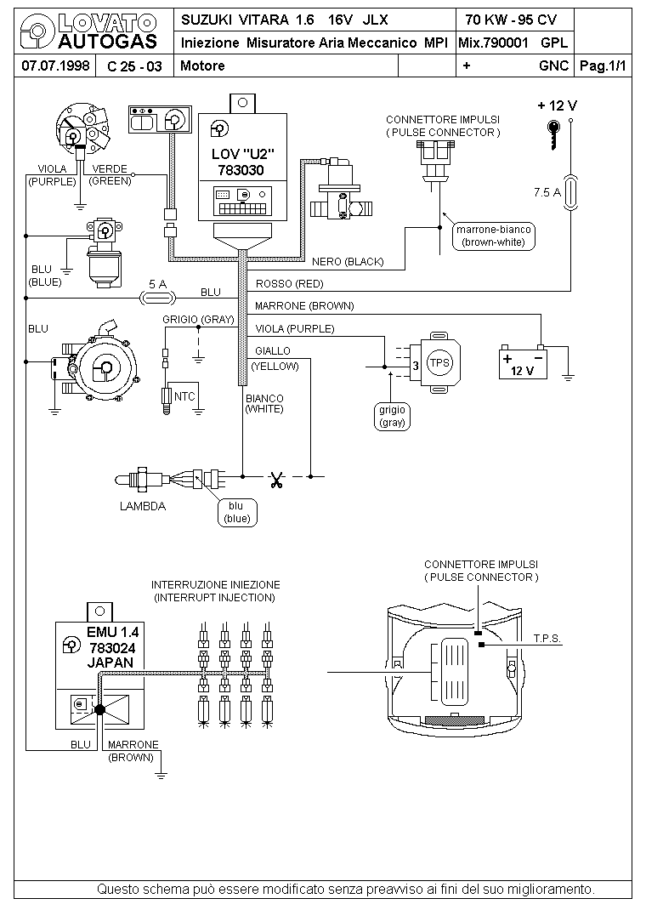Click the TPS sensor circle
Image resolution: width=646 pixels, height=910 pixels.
pyautogui.click(x=439, y=363)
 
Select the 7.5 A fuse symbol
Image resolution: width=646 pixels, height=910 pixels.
pyautogui.click(x=570, y=192)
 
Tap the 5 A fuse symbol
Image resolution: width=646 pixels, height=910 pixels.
pyautogui.click(x=158, y=299)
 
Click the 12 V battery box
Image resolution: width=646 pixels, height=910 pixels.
pyautogui.click(x=523, y=362)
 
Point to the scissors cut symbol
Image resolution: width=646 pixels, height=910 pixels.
pyautogui.click(x=276, y=480)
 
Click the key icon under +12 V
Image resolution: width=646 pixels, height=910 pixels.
pyautogui.click(x=554, y=134)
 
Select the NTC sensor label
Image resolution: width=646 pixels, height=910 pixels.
pyautogui.click(x=184, y=396)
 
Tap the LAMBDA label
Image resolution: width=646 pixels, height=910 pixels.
pyautogui.click(x=143, y=506)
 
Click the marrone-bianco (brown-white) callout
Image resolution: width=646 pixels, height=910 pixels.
pyautogui.click(x=494, y=236)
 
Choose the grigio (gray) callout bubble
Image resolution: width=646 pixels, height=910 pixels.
pyautogui.click(x=392, y=416)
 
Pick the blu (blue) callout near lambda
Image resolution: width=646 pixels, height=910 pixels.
pyautogui.click(x=236, y=513)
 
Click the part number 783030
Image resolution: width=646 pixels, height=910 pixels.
pyautogui.click(x=241, y=171)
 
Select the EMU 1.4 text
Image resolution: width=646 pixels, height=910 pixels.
pyautogui.click(x=113, y=633)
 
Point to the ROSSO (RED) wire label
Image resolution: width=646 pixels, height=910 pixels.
pyautogui.click(x=289, y=284)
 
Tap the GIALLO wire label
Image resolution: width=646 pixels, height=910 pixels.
pyautogui.click(x=273, y=351)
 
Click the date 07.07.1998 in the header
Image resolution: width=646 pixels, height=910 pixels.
pyautogui.click(x=55, y=65)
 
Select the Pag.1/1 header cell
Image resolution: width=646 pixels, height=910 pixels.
pyautogui.click(x=603, y=65)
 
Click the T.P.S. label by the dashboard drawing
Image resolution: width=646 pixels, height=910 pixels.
pyautogui.click(x=547, y=639)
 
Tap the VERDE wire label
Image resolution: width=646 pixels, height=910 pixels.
pyautogui.click(x=110, y=169)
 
